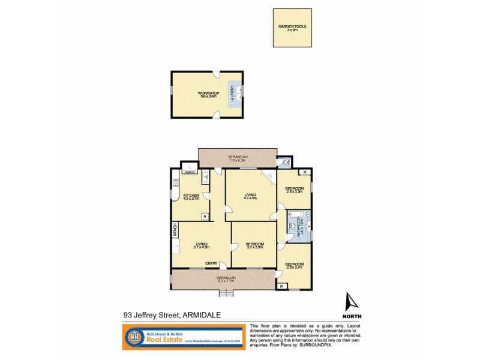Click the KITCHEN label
[x=191, y=197]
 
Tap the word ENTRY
[x=211, y=263]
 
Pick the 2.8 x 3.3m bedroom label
[x=295, y=190]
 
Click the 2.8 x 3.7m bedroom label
[x=294, y=265]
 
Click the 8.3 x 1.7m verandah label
[x=227, y=278]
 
